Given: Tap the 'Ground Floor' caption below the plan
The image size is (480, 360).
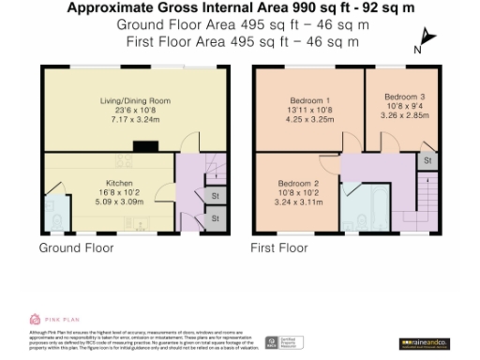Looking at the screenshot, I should (x=76, y=248).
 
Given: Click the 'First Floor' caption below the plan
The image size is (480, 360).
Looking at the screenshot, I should (x=278, y=248).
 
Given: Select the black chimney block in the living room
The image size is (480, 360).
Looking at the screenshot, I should (x=146, y=145).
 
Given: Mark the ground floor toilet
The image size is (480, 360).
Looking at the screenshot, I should (x=54, y=221).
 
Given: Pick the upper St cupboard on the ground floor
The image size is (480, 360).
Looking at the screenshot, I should (x=215, y=196).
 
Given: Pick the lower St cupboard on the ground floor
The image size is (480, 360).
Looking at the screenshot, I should (x=215, y=218).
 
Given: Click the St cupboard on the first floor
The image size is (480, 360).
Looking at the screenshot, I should (x=427, y=161).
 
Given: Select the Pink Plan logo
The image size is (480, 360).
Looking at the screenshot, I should (x=52, y=319).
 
